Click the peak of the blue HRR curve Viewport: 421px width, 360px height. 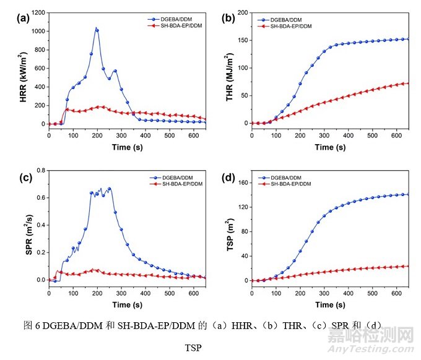(97, 28)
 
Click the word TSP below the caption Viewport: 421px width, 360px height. (193, 348)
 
